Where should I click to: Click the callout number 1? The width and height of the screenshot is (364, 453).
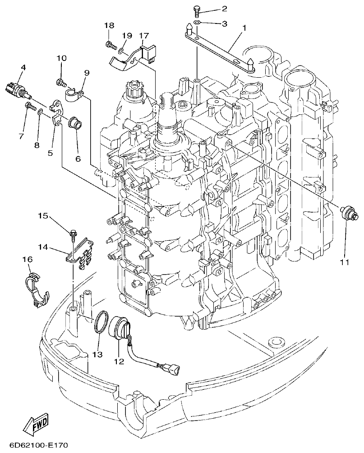(x=244, y=28)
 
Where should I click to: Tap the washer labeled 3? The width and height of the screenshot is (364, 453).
(x=197, y=23)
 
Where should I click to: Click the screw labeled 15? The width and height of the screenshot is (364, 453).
(x=72, y=234)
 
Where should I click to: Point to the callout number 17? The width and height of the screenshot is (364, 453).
(x=143, y=35)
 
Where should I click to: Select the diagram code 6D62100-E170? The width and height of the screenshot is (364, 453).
(x=34, y=445)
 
